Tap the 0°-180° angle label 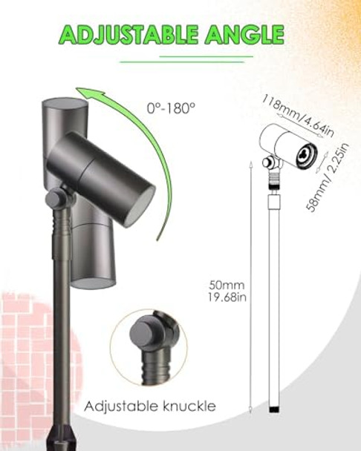pyautogui.click(x=172, y=108)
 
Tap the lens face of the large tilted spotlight pyautogui.click(x=139, y=205)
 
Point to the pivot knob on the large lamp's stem pyautogui.click(x=53, y=199)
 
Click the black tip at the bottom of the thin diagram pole pyautogui.click(x=273, y=408)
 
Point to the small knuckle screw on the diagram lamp pyautogui.click(x=265, y=162)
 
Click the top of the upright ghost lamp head pyautogui.click(x=65, y=103)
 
